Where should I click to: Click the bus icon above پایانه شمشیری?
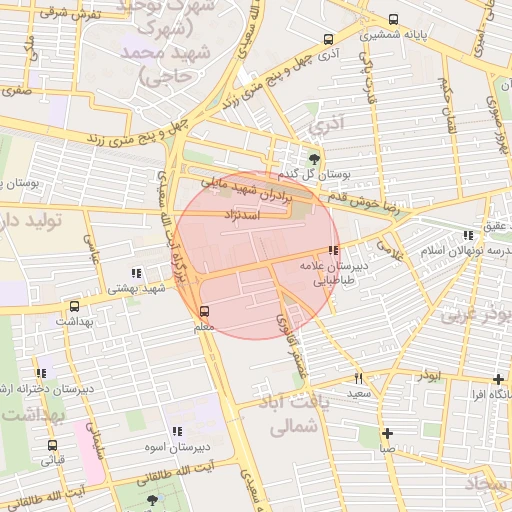pyautogui.click(x=392, y=19)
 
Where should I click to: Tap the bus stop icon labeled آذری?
pyautogui.click(x=329, y=39)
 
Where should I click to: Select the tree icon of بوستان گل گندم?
pyautogui.click(x=315, y=158)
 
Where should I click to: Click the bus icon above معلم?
pyautogui.click(x=204, y=311)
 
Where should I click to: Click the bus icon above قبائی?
pyautogui.click(x=52, y=445)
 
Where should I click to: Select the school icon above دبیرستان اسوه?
pyautogui.click(x=177, y=431)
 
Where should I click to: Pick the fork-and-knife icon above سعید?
pyautogui.click(x=358, y=379)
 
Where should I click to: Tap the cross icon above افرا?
pyautogui.click(x=498, y=379)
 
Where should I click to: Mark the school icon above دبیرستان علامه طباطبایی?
pyautogui.click(x=333, y=251)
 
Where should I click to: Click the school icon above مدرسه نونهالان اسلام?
pyautogui.click(x=467, y=236)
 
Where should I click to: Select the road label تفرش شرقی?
pyautogui.click(x=72, y=13)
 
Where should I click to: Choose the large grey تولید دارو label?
pyautogui.click(x=30, y=219)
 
